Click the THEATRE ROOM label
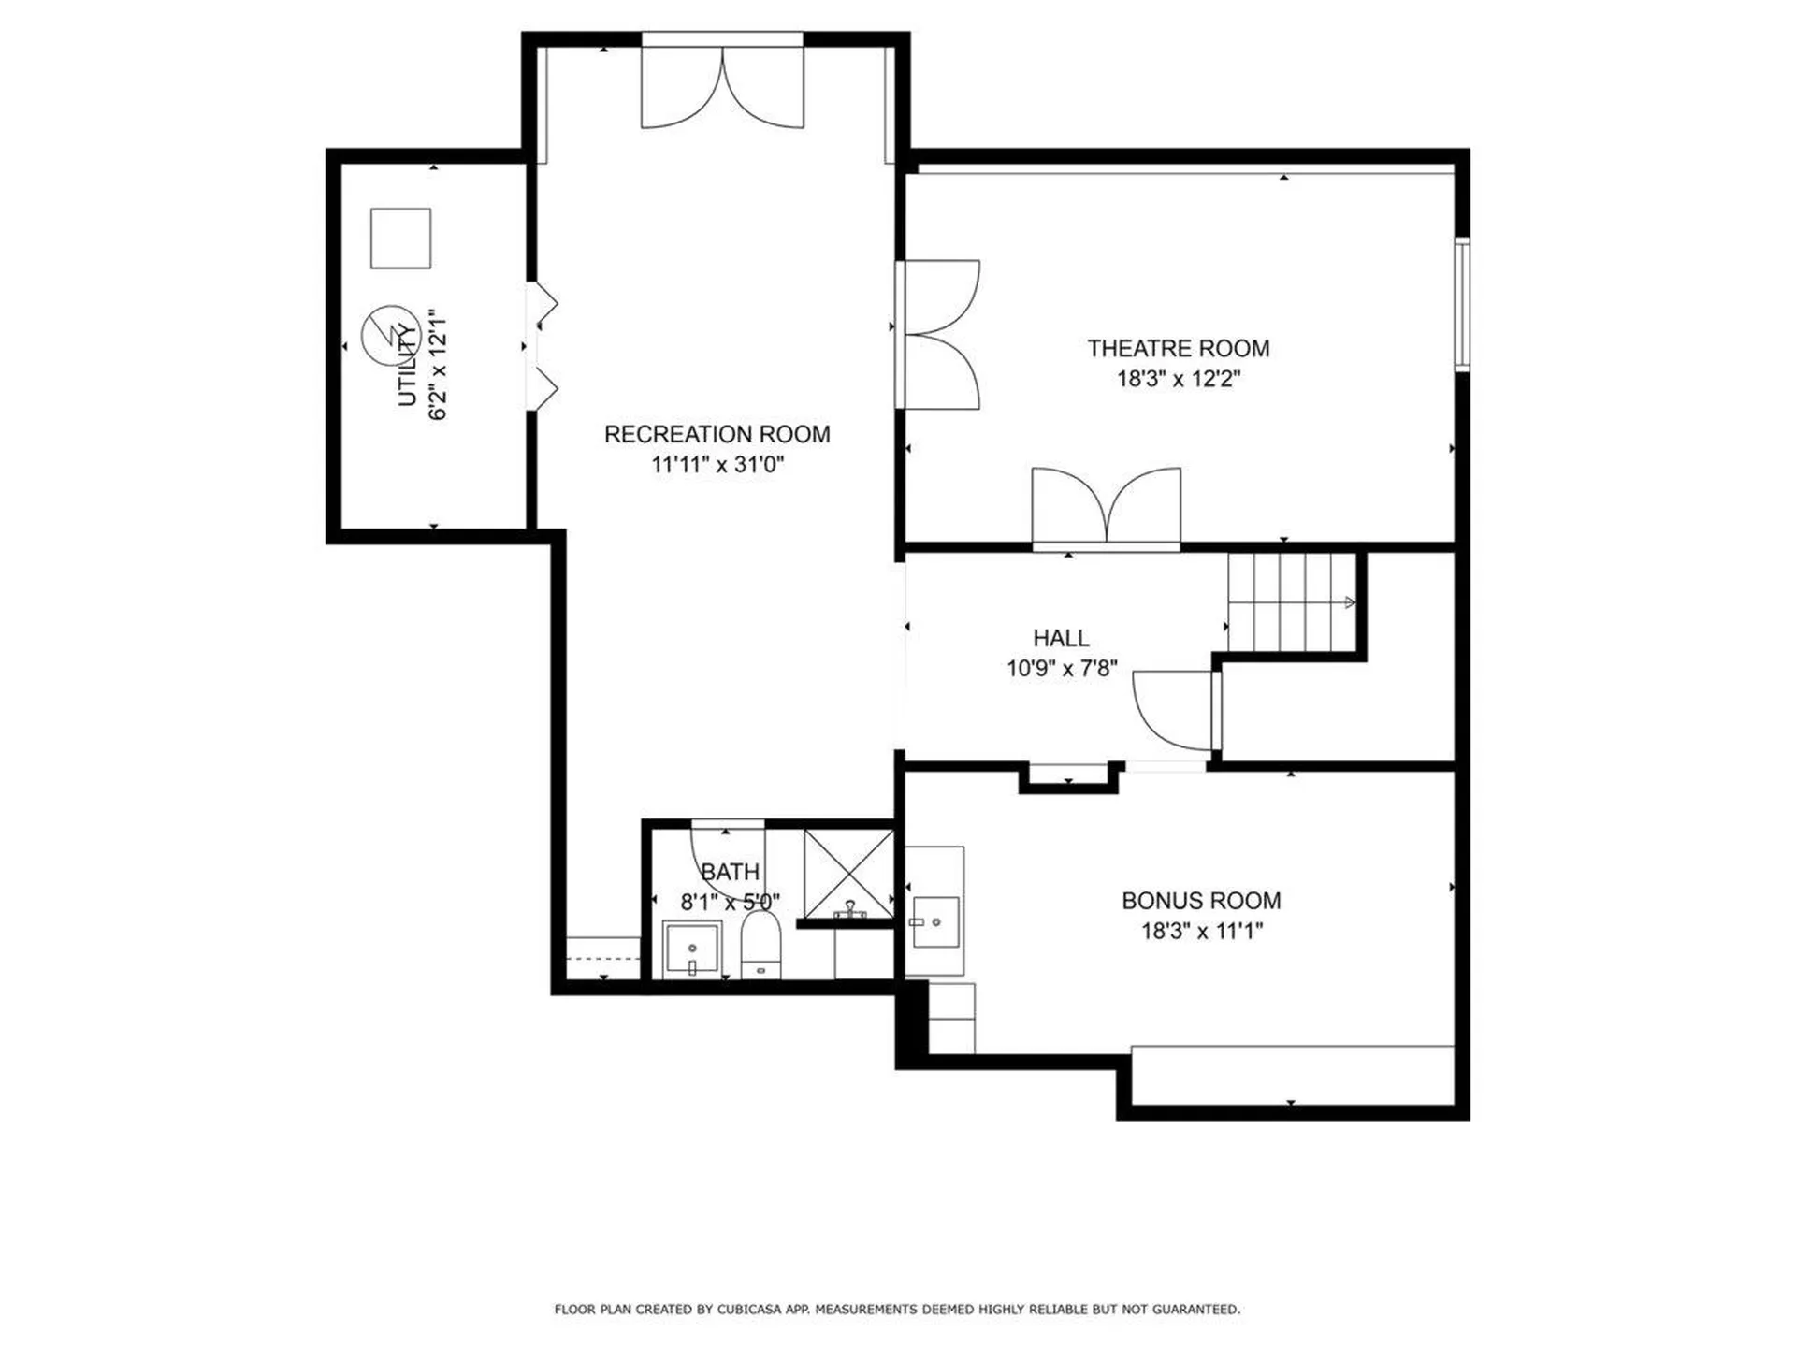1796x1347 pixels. [1178, 349]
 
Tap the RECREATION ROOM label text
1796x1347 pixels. [717, 434]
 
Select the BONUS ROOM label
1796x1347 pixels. [1201, 901]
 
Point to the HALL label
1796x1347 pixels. [1061, 638]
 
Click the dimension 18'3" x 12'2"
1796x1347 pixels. [1178, 379]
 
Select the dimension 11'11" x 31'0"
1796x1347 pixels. [717, 464]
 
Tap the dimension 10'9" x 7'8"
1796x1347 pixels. [1061, 668]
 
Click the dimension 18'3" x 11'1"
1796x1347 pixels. [1201, 931]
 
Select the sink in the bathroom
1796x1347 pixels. [692, 949]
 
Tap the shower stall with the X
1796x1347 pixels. [848, 873]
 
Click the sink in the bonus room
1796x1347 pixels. [934, 921]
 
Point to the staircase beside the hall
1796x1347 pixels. [1291, 602]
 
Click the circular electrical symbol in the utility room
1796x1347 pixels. [389, 335]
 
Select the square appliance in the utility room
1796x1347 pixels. [400, 239]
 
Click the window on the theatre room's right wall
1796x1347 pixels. [1461, 305]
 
